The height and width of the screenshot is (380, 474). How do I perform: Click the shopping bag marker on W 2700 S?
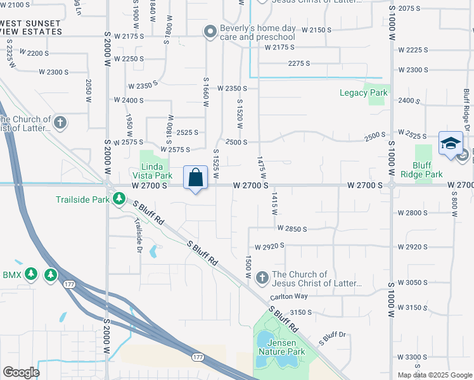196,177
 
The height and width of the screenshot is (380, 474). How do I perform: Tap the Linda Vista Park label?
152,170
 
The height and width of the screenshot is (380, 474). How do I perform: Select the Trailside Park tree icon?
118,200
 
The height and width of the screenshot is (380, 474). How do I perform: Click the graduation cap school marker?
450,144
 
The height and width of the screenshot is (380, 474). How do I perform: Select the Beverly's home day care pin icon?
210,31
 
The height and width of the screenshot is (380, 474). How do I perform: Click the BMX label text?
12,275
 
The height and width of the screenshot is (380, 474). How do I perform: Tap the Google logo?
21,372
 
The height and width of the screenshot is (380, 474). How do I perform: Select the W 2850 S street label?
291,229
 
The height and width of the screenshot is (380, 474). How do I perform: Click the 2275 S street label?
298,63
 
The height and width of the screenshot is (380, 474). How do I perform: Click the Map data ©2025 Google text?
435,375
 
